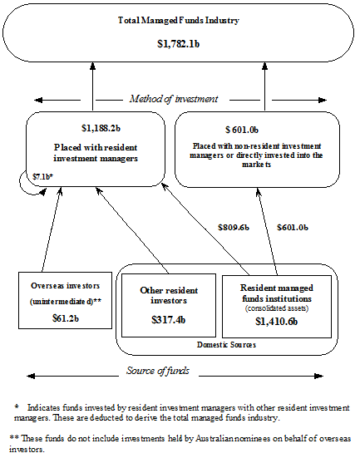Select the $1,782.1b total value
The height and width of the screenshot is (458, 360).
pos(180,42)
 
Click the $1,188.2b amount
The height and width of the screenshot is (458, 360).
pos(101,128)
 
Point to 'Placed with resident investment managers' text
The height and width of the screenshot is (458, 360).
pos(101,153)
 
